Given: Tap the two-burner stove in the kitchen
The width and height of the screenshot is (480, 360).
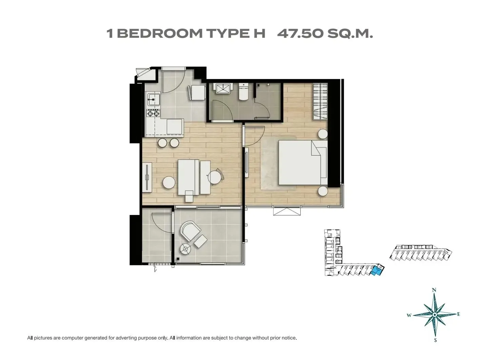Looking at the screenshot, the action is [153, 113].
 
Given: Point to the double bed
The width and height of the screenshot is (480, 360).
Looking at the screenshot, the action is [303, 162].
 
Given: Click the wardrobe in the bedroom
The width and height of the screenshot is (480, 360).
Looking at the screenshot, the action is [320, 101].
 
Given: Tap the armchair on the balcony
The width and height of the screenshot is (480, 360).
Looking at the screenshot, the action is [190, 231].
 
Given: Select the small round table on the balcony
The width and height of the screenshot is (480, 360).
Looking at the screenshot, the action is [186, 249].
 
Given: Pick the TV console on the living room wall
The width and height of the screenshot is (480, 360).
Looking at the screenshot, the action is [147, 177].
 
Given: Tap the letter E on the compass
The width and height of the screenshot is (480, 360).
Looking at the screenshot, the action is [459, 314].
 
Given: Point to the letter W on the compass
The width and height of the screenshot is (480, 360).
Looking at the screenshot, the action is [409, 315].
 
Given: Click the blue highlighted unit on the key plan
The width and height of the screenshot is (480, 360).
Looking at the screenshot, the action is [376, 271].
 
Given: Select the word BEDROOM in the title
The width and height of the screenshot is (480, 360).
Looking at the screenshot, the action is [160, 34].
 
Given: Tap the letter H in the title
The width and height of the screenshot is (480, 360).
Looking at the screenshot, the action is [259, 34].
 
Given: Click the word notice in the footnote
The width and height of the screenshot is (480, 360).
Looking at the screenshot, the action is [289, 338].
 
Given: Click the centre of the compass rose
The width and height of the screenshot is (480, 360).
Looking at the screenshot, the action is [435, 315].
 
